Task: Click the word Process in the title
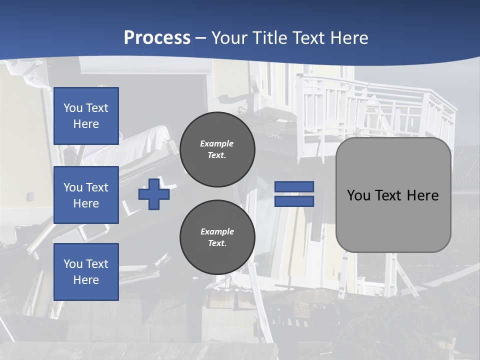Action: point(157,38)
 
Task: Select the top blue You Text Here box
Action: point(86,116)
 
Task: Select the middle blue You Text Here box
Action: point(86,195)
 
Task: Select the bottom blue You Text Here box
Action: point(86,272)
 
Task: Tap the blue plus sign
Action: point(154,194)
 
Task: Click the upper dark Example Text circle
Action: point(217,149)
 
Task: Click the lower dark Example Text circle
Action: point(217,237)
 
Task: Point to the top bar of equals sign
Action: point(294,186)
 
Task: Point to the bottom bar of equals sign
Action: point(294,201)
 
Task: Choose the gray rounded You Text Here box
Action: point(393,195)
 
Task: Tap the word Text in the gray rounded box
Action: point(392,195)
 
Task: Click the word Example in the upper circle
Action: point(216,143)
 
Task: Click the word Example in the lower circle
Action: point(217,231)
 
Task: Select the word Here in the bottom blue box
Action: point(86,280)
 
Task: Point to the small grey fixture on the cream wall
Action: point(30,196)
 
